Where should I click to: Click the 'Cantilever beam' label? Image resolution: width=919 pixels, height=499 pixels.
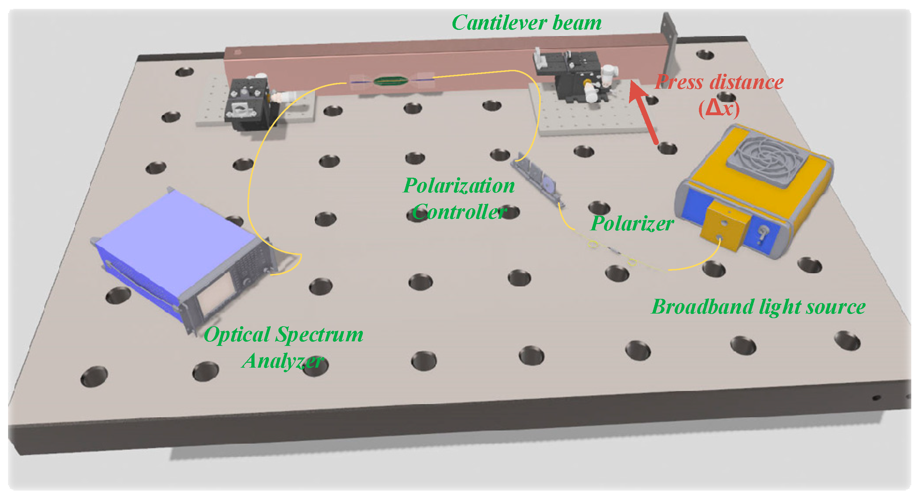(527, 23)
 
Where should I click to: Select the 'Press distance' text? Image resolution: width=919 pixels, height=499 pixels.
(719, 82)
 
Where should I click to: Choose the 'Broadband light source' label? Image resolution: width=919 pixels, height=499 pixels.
(758, 307)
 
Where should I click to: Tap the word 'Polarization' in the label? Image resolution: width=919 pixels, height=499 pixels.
(459, 186)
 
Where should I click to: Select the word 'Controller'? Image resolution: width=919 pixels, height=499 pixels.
(459, 212)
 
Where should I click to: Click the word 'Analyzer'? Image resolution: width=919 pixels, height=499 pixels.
(283, 361)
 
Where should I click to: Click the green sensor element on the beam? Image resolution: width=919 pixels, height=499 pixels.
(391, 81)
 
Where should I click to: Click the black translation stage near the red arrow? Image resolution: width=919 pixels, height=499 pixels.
(571, 75)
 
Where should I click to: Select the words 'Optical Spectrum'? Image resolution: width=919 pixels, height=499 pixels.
(283, 335)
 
